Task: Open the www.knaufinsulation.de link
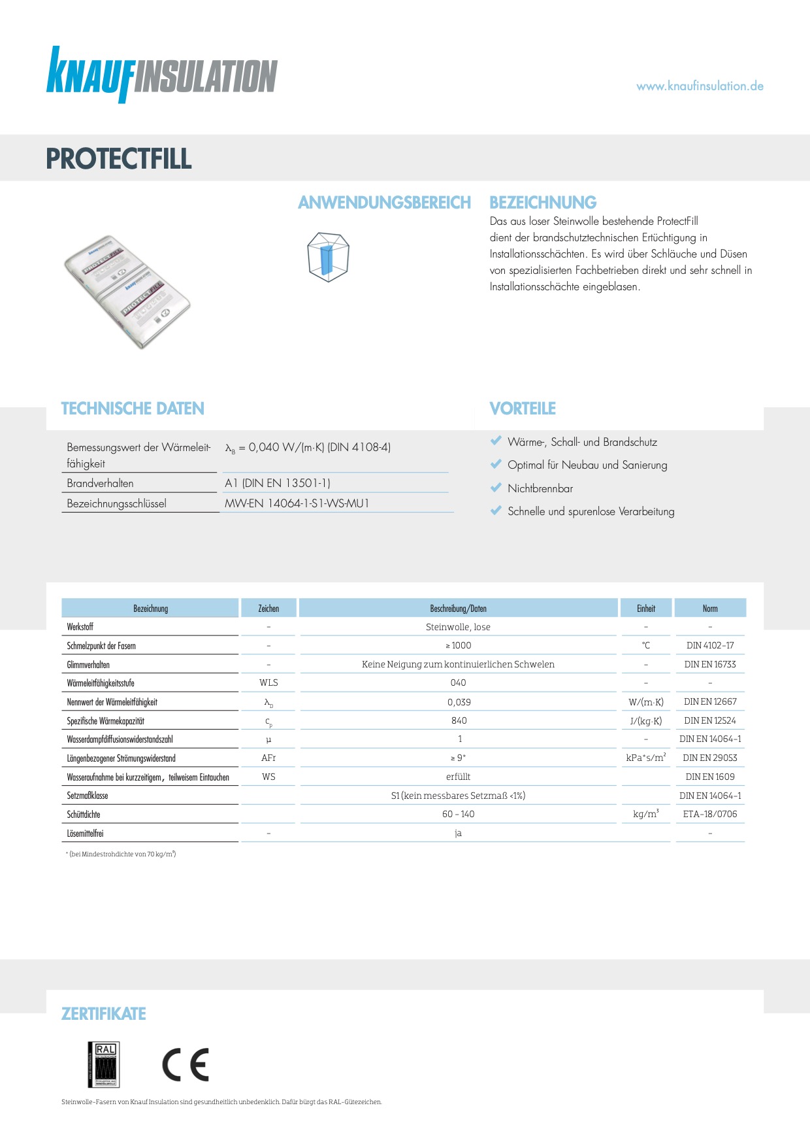click(x=700, y=86)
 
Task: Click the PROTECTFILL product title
click(x=119, y=159)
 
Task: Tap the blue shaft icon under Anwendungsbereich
click(x=327, y=257)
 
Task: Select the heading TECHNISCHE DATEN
click(x=133, y=409)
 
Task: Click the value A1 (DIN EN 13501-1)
click(x=278, y=483)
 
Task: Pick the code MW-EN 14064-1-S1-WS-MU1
click(x=297, y=503)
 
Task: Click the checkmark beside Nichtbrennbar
click(x=496, y=488)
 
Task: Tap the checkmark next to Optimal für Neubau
click(x=496, y=464)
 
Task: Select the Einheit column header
click(x=646, y=609)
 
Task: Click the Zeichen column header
click(x=268, y=609)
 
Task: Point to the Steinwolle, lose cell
click(x=458, y=627)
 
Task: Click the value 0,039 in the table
click(x=459, y=702)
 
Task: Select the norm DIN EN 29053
click(x=710, y=758)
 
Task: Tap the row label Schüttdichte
click(x=84, y=815)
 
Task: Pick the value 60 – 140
click(x=459, y=814)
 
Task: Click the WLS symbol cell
click(x=268, y=683)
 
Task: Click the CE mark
click(x=186, y=1064)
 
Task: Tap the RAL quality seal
click(x=104, y=1064)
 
